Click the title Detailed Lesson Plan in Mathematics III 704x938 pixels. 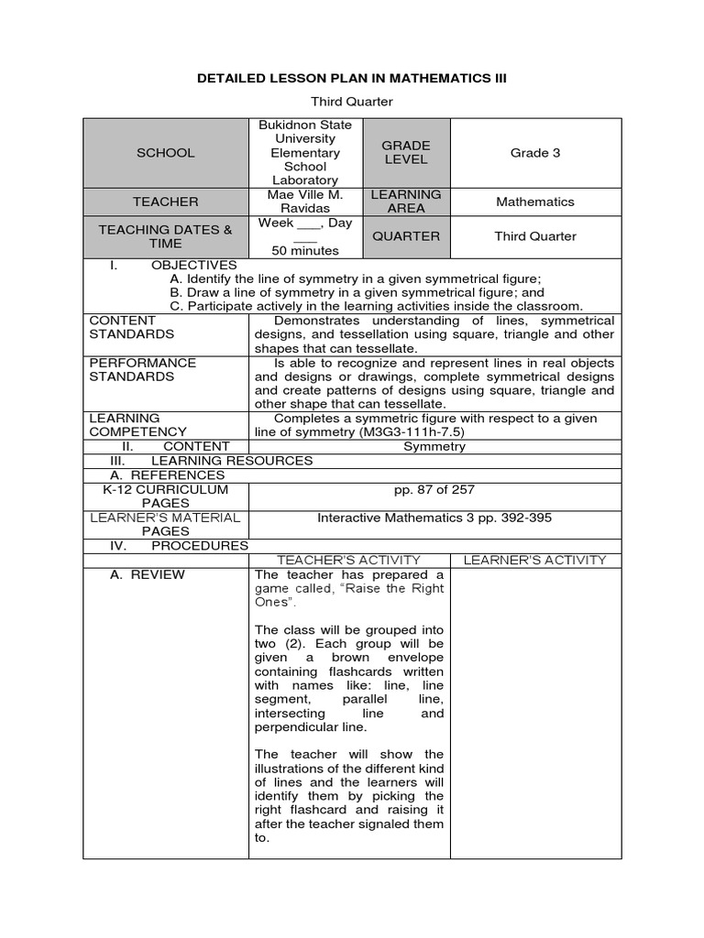(352, 79)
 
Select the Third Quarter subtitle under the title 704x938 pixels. (352, 102)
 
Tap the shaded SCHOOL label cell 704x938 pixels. (165, 153)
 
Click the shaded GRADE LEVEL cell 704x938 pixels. (406, 153)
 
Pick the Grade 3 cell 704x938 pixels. (535, 153)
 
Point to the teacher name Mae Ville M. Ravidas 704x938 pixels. (311, 202)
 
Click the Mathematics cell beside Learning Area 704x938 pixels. (535, 202)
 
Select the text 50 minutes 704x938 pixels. (305, 250)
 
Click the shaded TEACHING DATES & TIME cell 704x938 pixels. (165, 236)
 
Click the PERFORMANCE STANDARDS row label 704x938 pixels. (131, 369)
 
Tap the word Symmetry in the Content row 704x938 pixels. (434, 447)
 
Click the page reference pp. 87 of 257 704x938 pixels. (434, 490)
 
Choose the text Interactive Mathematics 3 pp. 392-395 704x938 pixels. (434, 518)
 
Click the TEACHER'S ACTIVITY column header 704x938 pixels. (348, 560)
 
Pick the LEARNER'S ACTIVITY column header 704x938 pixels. (534, 560)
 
